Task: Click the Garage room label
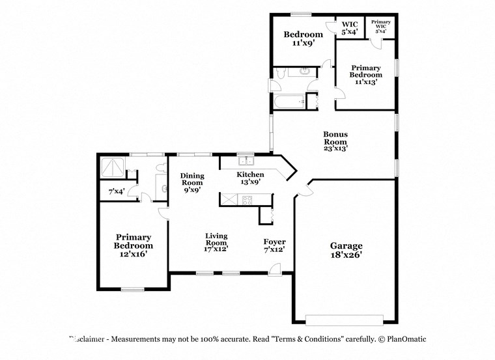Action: pyautogui.click(x=346, y=251)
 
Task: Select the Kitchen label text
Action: pyautogui.click(x=250, y=178)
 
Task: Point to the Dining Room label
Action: pyautogui.click(x=192, y=183)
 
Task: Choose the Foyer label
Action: pyautogui.click(x=274, y=245)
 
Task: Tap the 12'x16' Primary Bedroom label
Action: pyautogui.click(x=134, y=246)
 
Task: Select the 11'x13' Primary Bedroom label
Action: pyautogui.click(x=365, y=75)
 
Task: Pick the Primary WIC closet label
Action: pyautogui.click(x=380, y=26)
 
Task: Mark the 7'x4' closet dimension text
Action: pyautogui.click(x=117, y=191)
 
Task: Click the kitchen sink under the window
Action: pyautogui.click(x=246, y=161)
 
